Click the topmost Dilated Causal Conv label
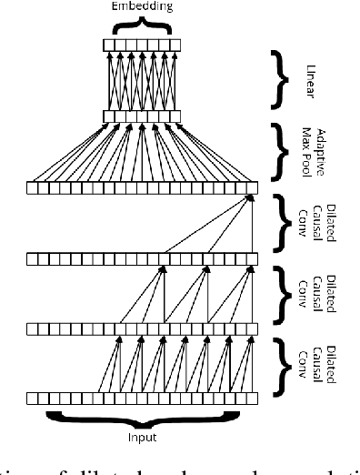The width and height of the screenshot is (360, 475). click(312, 221)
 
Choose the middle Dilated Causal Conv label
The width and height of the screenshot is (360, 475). click(312, 293)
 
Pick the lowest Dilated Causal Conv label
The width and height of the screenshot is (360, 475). click(312, 364)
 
